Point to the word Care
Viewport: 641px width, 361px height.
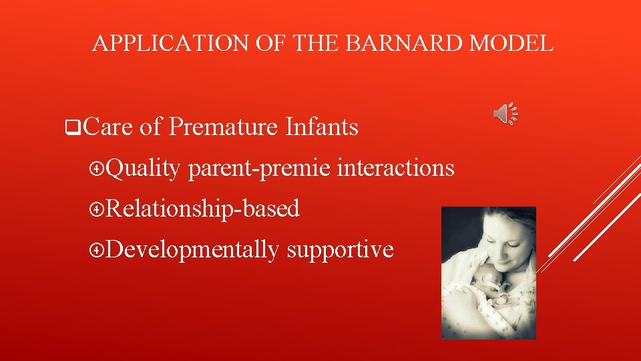(x=110, y=126)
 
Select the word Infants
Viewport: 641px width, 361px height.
(x=322, y=126)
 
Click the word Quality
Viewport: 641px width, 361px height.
(x=142, y=168)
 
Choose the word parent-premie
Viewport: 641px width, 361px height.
(x=259, y=168)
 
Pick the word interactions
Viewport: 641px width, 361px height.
(x=395, y=168)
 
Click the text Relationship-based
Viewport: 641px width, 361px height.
(x=202, y=209)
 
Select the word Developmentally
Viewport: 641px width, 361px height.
(x=192, y=250)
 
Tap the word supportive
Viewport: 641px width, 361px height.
(x=340, y=250)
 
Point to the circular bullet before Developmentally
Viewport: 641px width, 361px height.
(x=97, y=251)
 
